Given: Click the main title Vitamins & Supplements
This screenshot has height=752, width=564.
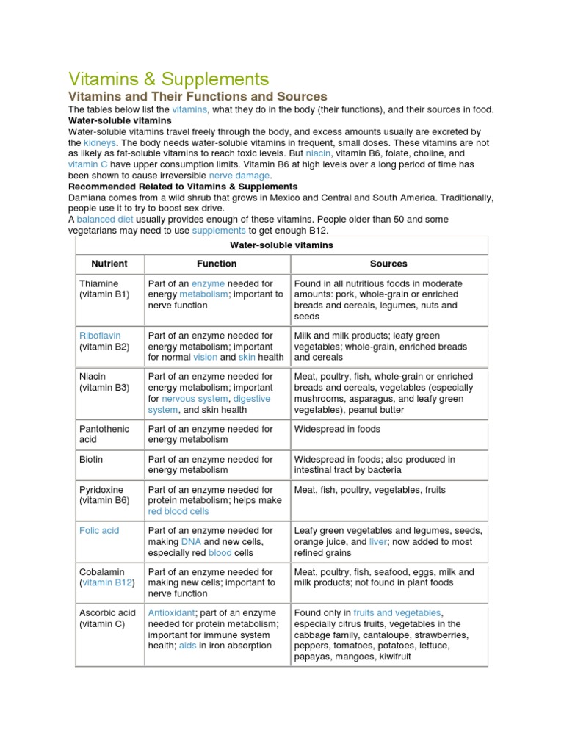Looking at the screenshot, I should click(168, 79).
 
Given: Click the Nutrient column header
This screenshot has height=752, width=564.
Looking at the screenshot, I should click(109, 264).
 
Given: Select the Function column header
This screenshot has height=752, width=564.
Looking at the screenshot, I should click(217, 264).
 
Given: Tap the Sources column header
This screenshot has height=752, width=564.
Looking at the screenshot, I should click(388, 264).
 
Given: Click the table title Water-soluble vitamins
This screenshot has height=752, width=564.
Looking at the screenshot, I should click(281, 245).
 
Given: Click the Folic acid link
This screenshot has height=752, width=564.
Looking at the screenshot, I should click(98, 530).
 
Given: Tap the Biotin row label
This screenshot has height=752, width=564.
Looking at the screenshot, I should click(91, 459).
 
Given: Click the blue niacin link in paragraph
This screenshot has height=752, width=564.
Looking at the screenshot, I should click(318, 153).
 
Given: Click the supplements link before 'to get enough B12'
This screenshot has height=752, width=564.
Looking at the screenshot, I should click(219, 231).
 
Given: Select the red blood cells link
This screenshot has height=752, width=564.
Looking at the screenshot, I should click(178, 511).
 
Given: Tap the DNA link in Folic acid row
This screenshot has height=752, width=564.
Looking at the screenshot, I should click(191, 541).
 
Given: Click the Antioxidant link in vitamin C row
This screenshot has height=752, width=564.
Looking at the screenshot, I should click(171, 612).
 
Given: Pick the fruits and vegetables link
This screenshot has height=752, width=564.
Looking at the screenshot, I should click(397, 612).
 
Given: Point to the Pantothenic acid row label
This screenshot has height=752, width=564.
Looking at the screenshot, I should click(104, 434).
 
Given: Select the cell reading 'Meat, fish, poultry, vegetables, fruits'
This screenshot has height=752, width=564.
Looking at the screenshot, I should click(369, 490).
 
